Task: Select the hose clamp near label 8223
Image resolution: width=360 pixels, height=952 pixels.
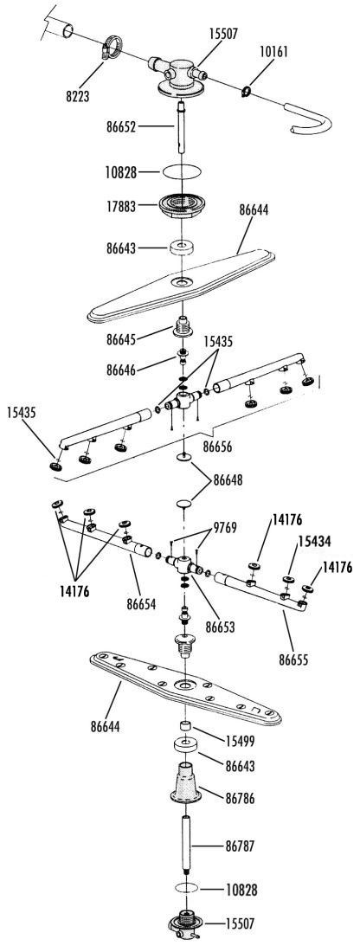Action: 111,46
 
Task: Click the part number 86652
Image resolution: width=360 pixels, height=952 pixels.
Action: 121,127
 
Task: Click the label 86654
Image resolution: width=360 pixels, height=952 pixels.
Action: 142,604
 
